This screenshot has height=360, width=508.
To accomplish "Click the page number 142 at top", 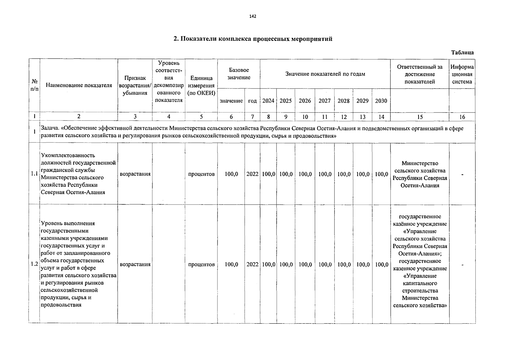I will coord(253,16).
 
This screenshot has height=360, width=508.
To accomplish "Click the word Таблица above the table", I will coord(462,52).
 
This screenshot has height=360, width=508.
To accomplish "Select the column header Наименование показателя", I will coord(79,85).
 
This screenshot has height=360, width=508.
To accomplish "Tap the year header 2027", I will coord(324,101).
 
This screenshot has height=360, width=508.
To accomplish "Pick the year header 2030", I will coord(381,101).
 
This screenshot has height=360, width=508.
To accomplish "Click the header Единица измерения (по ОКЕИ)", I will coord(201,85).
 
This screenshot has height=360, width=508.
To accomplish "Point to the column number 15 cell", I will coord(420,117).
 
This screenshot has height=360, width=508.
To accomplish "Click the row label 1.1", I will coord(34,174).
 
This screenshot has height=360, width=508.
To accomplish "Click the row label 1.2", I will coord(34,264).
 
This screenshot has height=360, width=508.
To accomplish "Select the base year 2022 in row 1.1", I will coord(252,174).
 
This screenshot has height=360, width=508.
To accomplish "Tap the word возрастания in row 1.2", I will coord(135,265).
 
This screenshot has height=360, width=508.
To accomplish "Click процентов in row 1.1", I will coord(201,174).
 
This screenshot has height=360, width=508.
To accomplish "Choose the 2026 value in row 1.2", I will coord(305,265).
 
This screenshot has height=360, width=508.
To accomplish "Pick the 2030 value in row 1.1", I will coord(381,174).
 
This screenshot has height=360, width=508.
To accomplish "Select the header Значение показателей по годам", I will coord(325,74).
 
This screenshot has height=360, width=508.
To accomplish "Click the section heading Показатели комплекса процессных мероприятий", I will coord(253,39).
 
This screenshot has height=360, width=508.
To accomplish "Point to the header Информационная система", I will coord(462,74).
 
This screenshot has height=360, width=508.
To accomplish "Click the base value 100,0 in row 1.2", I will coord(231,265).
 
